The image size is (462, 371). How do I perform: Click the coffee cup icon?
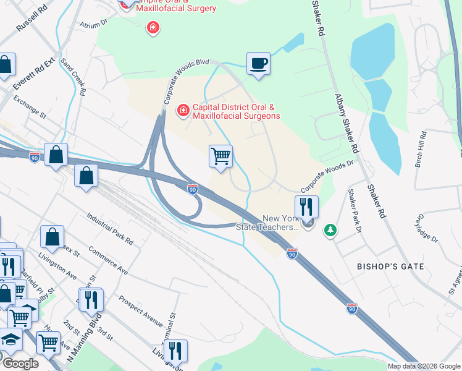[x=258, y=63]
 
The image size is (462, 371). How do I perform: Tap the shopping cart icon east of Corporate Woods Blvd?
[x=220, y=156]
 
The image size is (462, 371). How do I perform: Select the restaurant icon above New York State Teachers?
[x=307, y=207]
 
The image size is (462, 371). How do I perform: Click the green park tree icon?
[x=331, y=230]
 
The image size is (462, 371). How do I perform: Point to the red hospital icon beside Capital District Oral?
[x=183, y=111]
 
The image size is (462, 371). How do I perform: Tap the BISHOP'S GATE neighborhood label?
[x=390, y=267]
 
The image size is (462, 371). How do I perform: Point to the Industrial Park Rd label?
[x=111, y=229]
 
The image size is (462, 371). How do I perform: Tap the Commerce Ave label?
[x=107, y=262]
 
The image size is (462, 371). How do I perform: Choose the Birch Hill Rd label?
[x=422, y=146]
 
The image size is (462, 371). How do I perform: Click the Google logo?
[x=20, y=364]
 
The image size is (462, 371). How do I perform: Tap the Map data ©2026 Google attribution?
[x=423, y=366]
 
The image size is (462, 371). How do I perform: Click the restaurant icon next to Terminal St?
[x=175, y=351]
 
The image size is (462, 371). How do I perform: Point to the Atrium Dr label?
[x=93, y=23]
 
